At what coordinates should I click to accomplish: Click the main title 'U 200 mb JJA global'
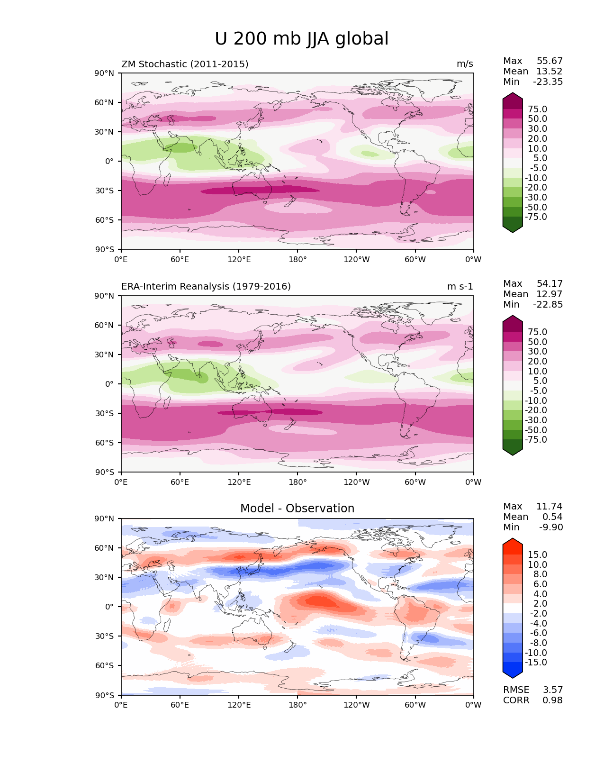click(x=301, y=39)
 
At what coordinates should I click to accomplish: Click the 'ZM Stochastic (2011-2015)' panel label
click(x=185, y=64)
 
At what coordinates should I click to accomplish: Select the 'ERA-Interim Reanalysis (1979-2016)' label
click(x=206, y=287)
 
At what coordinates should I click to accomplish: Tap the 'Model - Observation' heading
click(x=297, y=509)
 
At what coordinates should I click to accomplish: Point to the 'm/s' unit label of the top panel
click(x=465, y=64)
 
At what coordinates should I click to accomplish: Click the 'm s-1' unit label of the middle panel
click(x=460, y=287)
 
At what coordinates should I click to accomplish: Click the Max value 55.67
click(x=550, y=61)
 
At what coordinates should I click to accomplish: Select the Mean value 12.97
click(x=549, y=294)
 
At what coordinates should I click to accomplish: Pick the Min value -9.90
click(x=551, y=527)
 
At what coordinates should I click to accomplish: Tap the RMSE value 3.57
click(x=552, y=690)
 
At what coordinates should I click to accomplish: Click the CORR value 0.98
click(x=552, y=700)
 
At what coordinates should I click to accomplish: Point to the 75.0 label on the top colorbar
click(x=537, y=109)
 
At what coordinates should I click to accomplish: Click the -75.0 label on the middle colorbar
click(x=536, y=440)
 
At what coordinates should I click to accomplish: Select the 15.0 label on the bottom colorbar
click(x=537, y=555)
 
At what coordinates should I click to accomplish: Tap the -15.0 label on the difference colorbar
click(x=536, y=663)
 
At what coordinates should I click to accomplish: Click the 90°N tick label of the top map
click(x=104, y=73)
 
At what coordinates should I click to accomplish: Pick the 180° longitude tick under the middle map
click(x=297, y=482)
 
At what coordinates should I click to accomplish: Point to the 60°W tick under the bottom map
click(x=415, y=705)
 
